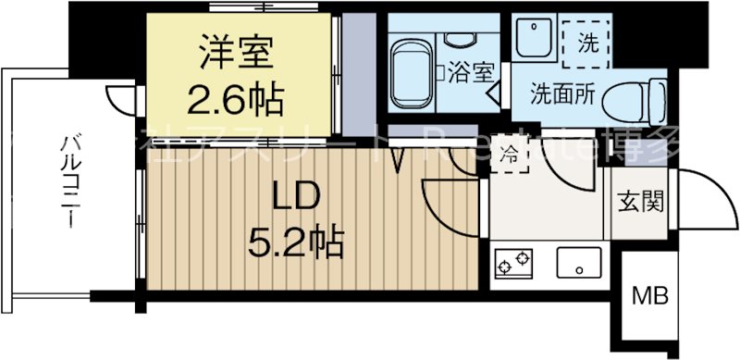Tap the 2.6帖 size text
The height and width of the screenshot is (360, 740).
(x=236, y=93)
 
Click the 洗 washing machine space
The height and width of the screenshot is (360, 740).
(x=588, y=42)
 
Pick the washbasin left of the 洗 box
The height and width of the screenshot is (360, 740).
(x=534, y=42)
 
